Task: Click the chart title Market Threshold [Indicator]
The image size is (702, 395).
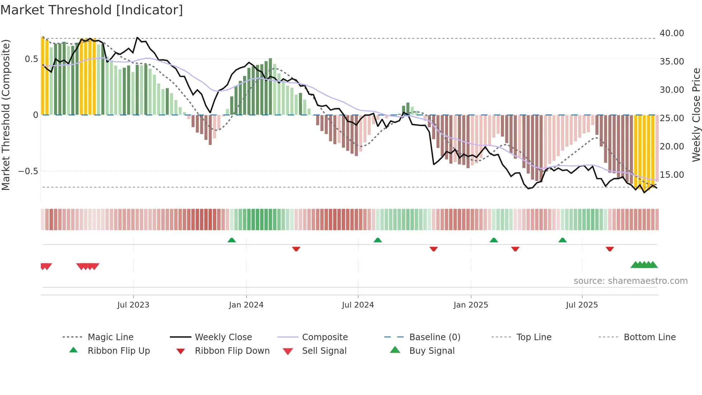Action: click(x=92, y=10)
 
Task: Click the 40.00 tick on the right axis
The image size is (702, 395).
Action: click(x=672, y=33)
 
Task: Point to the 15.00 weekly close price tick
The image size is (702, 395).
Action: click(x=672, y=175)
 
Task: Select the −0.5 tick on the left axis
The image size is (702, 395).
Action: click(x=28, y=171)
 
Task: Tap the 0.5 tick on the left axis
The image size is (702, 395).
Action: click(x=31, y=59)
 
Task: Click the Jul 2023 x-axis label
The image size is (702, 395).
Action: click(x=133, y=305)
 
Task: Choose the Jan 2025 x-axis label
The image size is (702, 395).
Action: click(x=471, y=305)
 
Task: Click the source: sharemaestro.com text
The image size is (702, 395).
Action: click(x=630, y=281)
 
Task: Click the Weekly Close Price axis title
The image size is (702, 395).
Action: click(x=696, y=115)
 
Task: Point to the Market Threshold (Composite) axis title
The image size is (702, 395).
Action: click(x=6, y=115)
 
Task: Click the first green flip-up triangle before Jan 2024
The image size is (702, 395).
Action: click(x=232, y=240)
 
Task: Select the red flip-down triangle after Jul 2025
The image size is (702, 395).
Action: click(x=610, y=249)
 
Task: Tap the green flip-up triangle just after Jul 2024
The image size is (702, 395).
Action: click(x=378, y=240)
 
